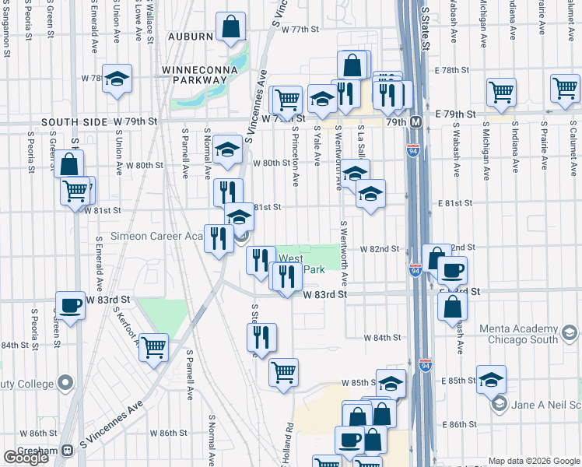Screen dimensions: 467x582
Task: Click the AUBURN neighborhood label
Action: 190,36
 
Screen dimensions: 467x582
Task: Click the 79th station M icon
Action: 416,122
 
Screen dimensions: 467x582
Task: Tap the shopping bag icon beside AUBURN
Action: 232,28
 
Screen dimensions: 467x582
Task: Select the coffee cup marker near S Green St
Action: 70,306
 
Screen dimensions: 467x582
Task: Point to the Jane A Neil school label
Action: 545,403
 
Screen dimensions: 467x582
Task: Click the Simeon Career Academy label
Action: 156,236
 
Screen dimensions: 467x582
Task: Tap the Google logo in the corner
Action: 26,457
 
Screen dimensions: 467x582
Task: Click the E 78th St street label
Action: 458,70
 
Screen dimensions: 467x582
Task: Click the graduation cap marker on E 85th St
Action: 491,381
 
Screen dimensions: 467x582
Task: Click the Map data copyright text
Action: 533,461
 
